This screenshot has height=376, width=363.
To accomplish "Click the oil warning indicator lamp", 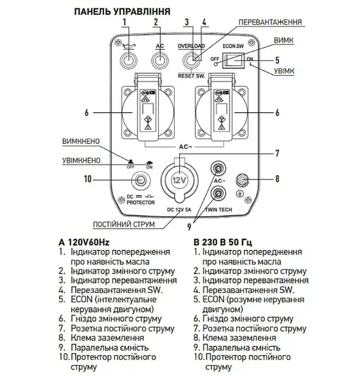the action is coord(129,60).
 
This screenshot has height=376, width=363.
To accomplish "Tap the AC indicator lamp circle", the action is coord(160,60).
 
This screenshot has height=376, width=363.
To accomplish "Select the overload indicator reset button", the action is coord(192,60).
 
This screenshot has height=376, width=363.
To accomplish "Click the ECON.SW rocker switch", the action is coord(233,61).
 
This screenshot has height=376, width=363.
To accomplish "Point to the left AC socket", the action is coord(148,113).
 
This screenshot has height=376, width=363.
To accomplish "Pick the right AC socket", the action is coord(222,113).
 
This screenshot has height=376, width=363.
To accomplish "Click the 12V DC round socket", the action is coord(180,180).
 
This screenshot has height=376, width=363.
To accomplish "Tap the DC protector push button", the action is coord(140,180).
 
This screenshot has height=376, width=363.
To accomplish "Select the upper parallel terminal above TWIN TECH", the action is coord(218,169).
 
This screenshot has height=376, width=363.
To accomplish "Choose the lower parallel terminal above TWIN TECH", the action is coord(218,193).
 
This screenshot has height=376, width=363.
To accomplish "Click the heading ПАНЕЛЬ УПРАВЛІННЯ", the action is coord(122,12).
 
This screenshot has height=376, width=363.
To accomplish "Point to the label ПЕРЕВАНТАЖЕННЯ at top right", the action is coord(270,22).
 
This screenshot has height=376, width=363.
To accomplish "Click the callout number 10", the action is coord(88,179).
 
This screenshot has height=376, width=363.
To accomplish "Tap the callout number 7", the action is coord(277,153).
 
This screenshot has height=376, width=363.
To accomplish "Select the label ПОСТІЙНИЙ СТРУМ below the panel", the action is coord(124,225).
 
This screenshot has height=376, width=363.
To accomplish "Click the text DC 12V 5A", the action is coord(179,210).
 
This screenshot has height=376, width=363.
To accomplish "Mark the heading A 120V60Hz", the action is coord(84,242).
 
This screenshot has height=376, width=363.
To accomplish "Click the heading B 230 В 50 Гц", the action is coord(222,242).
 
